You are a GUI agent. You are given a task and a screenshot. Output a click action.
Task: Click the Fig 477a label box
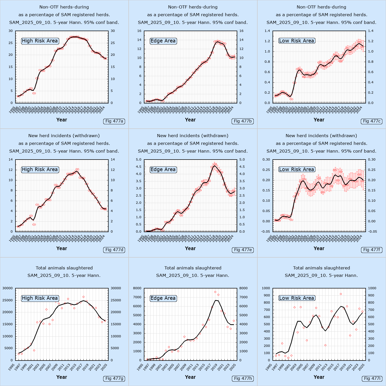(x=114, y=121)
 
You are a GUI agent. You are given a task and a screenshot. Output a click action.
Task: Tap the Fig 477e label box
(x=243, y=250)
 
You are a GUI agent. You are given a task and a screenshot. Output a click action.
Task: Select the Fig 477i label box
(x=372, y=379)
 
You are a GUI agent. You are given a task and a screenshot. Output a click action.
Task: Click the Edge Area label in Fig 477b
(x=163, y=41)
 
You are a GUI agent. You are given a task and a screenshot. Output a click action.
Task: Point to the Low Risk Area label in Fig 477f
(x=296, y=170)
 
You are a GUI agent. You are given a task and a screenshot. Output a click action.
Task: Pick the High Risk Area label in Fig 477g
(x=40, y=298)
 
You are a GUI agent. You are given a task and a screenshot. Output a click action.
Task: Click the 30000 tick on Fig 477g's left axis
(x=7, y=288)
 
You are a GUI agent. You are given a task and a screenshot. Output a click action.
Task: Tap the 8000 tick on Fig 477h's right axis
(x=243, y=288)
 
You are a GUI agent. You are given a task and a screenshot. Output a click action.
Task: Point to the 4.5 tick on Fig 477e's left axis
(x=138, y=167)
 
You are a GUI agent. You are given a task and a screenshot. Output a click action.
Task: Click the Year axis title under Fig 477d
(x=62, y=249)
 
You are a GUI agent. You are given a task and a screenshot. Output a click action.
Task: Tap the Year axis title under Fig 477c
(x=319, y=120)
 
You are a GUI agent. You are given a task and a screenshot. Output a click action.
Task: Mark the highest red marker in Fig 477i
(x=341, y=294)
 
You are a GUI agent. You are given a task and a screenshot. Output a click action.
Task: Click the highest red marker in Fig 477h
(x=215, y=292)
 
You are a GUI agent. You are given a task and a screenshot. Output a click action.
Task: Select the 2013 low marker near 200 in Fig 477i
(x=325, y=345)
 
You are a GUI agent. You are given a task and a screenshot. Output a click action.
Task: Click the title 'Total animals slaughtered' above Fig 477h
(x=193, y=268)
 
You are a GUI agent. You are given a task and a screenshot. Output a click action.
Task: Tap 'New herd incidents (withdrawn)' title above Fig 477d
(x=64, y=136)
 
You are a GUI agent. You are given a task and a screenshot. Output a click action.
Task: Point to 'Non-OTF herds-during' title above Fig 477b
(x=193, y=7)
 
